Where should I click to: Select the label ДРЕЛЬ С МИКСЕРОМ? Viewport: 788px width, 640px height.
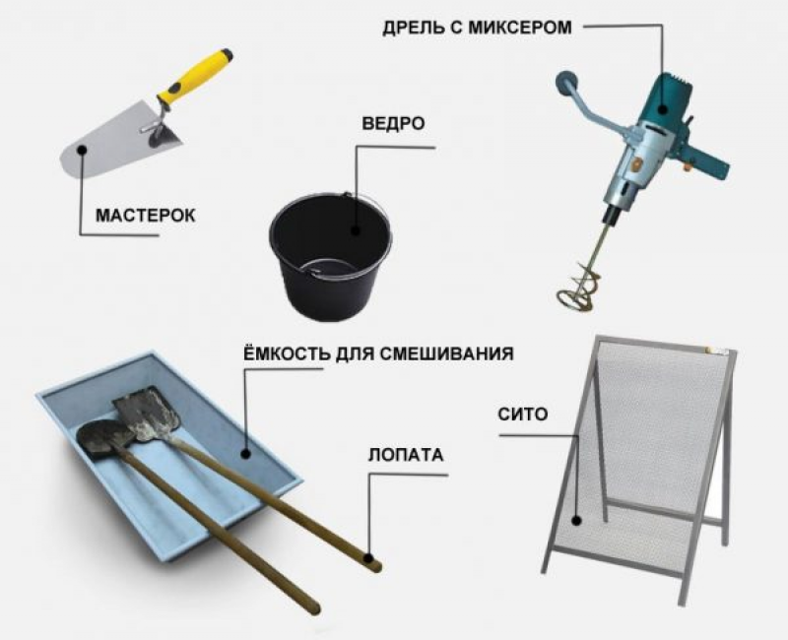(477, 27)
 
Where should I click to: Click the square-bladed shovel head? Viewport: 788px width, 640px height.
(145, 413)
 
